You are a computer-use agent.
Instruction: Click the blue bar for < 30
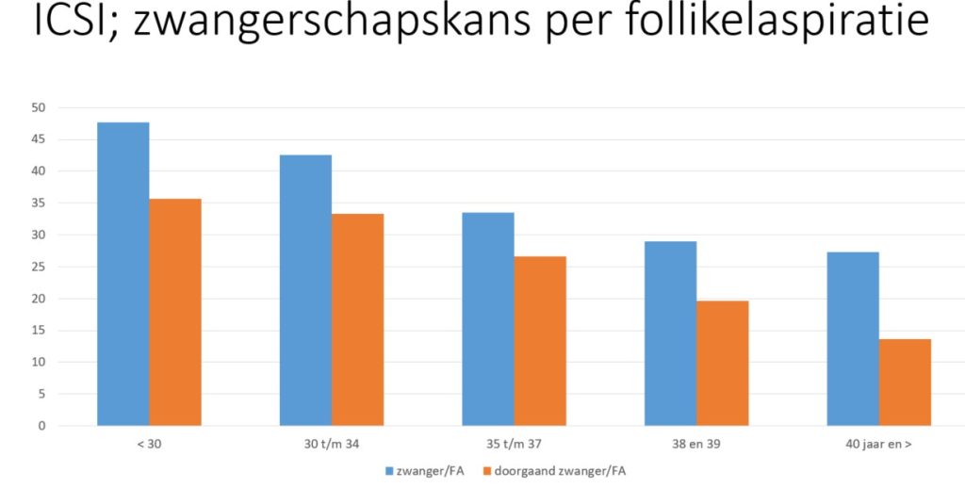click(123, 273)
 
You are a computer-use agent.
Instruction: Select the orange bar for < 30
click(175, 312)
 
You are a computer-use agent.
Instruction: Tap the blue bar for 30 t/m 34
click(305, 290)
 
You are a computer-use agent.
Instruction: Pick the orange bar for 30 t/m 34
click(357, 319)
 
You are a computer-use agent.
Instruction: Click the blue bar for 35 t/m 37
click(488, 318)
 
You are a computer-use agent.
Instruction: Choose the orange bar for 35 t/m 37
click(540, 341)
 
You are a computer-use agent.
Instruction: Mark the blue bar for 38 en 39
click(670, 333)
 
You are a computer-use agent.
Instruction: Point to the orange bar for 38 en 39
click(722, 363)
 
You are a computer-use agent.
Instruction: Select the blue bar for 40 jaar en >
click(853, 338)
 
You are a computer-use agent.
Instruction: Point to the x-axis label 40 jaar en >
click(878, 443)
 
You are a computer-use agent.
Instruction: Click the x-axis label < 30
click(149, 443)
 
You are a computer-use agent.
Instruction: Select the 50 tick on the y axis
click(39, 107)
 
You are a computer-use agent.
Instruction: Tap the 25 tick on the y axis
click(39, 267)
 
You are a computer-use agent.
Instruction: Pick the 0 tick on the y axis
click(42, 426)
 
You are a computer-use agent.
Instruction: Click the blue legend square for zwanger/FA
click(390, 470)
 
